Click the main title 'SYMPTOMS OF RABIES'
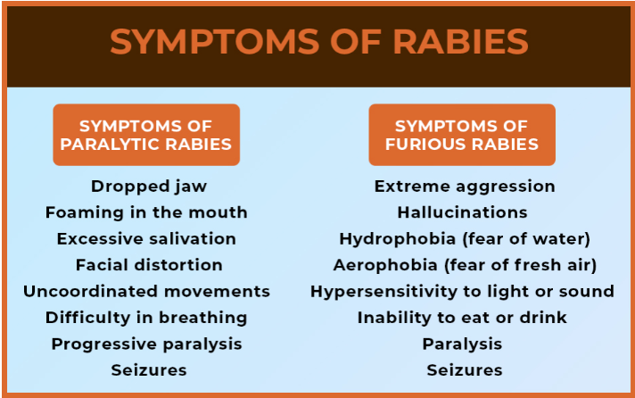tap(318, 43)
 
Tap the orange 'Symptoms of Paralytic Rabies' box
tap(146, 135)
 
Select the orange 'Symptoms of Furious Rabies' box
tap(462, 135)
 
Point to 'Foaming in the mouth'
tap(146, 212)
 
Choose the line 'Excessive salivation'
tap(146, 238)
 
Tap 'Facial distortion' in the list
tap(149, 265)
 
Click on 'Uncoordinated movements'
tap(146, 291)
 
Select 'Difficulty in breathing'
tap(146, 317)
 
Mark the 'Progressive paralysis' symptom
tap(146, 344)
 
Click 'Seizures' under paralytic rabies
tap(149, 369)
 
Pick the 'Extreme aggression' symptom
tap(465, 187)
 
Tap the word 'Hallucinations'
tap(463, 212)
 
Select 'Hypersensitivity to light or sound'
tap(462, 291)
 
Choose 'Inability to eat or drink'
tap(462, 317)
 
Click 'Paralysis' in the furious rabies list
tap(463, 344)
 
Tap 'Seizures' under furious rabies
tap(465, 369)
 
